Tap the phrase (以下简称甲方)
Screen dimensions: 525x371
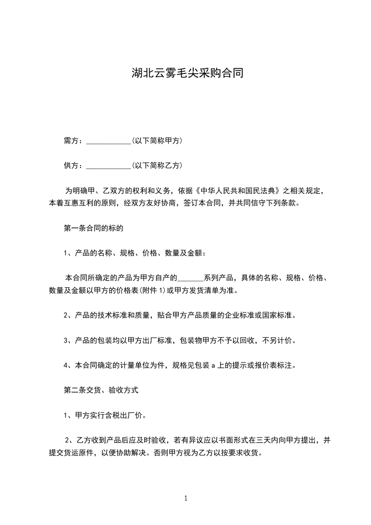(157, 140)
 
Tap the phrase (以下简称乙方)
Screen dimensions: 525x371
(157, 165)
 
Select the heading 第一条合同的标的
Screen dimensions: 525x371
(93, 228)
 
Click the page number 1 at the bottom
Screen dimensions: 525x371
(186, 499)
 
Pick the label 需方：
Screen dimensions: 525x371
(73, 140)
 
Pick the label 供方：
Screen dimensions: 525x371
(73, 165)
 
